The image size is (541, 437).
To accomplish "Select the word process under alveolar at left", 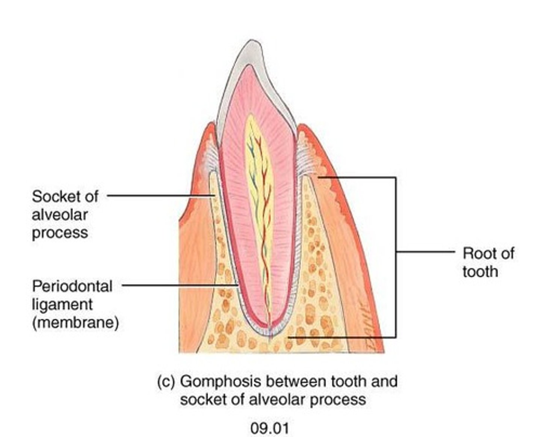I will [60, 233].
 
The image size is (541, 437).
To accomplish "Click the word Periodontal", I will [72, 286].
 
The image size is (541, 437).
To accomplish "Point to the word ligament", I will [62, 304].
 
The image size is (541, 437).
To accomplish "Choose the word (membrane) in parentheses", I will [76, 322].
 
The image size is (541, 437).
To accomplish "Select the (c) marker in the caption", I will [166, 382].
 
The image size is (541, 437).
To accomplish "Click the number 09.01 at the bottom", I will [270, 428].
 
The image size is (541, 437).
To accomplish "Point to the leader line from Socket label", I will [158, 195].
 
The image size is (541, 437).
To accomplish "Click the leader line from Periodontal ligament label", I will [177, 285].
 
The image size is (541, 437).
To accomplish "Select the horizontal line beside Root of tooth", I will [425, 252].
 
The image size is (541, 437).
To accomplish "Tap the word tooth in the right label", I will [480, 272].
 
